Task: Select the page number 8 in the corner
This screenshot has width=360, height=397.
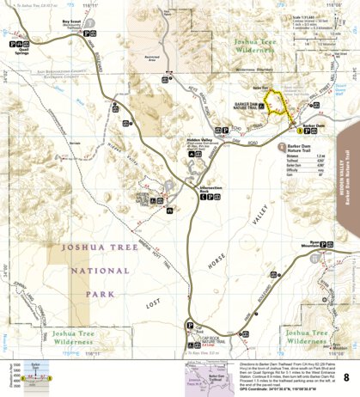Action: [x=345, y=377]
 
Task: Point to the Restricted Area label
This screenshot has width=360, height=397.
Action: [x=151, y=61]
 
